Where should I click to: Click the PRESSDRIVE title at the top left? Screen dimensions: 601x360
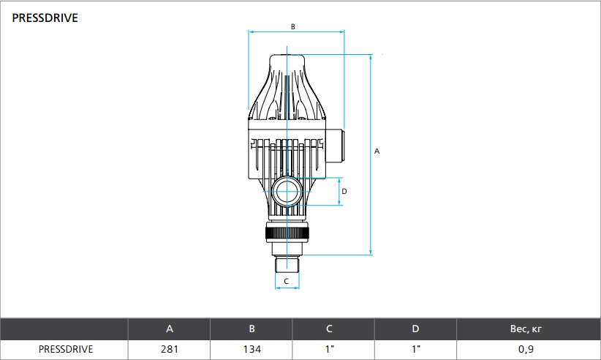45,18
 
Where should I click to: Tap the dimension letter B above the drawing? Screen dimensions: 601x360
293,27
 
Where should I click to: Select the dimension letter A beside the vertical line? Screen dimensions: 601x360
377,151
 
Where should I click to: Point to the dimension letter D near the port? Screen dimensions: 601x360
344,191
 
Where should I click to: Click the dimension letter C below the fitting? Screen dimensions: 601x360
287,282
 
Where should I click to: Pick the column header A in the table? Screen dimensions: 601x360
170,329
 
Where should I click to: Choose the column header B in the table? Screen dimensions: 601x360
252,329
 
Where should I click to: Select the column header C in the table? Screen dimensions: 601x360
329,329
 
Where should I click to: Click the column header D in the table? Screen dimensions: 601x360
415,329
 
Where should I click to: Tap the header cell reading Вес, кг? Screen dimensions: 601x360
526,329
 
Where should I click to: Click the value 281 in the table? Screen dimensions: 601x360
170,349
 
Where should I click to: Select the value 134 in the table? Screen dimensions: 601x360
252,349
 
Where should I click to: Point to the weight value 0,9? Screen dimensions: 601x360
526,349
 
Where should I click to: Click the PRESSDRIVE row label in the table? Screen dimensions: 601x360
66,349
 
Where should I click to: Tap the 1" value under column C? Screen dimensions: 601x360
330,349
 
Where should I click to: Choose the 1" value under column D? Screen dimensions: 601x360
416,349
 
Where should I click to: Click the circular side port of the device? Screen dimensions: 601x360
287,191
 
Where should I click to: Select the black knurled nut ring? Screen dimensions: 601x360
287,233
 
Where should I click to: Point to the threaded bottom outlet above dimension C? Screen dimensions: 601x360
287,265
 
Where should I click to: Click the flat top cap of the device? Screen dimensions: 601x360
287,59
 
